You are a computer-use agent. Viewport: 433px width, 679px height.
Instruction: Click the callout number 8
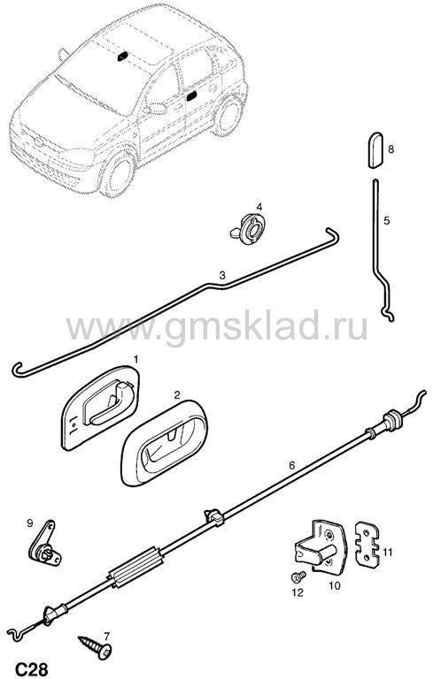[390, 149]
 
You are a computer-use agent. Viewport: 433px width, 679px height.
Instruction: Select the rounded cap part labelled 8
[375, 150]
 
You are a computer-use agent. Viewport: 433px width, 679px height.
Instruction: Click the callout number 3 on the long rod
[222, 276]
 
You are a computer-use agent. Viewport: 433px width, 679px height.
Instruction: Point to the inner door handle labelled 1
[100, 408]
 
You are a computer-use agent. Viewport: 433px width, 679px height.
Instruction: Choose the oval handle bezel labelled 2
[164, 443]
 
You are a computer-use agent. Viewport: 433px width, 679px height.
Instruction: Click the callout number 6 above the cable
[291, 466]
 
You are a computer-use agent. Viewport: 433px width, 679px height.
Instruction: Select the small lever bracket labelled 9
[43, 545]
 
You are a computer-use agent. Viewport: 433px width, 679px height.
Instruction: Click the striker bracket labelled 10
[321, 548]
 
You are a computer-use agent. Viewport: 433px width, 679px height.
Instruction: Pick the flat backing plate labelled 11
[367, 545]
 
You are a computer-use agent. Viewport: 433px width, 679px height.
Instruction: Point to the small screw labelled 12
[298, 576]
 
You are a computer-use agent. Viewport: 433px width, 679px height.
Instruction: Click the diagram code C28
[32, 669]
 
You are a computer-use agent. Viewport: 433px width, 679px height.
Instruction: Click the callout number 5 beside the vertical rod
[387, 221]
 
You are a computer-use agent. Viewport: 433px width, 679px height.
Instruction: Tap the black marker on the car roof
[122, 57]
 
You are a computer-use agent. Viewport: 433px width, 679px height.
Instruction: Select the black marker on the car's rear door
[191, 96]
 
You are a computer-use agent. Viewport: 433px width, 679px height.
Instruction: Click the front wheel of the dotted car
[118, 174]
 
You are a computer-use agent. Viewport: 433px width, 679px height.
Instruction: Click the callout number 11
[387, 552]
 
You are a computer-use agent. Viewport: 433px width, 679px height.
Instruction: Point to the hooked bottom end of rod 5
[389, 316]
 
